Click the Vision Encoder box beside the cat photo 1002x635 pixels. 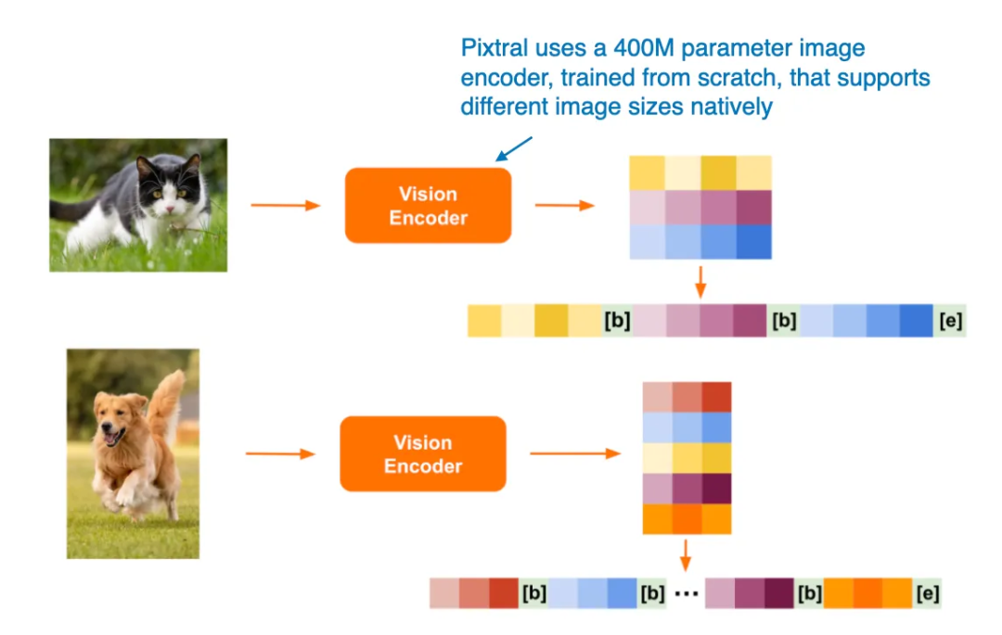tap(428, 206)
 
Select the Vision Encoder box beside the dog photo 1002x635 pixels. tap(423, 454)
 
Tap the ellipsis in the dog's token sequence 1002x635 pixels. tap(686, 594)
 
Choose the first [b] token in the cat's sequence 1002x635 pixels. tap(617, 321)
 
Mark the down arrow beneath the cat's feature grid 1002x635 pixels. tap(700, 281)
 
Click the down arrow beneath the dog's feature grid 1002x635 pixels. tap(686, 554)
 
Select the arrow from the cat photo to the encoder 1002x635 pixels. tap(285, 205)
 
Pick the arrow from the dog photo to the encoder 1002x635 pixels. tap(280, 454)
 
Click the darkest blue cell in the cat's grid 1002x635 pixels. tap(753, 242)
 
